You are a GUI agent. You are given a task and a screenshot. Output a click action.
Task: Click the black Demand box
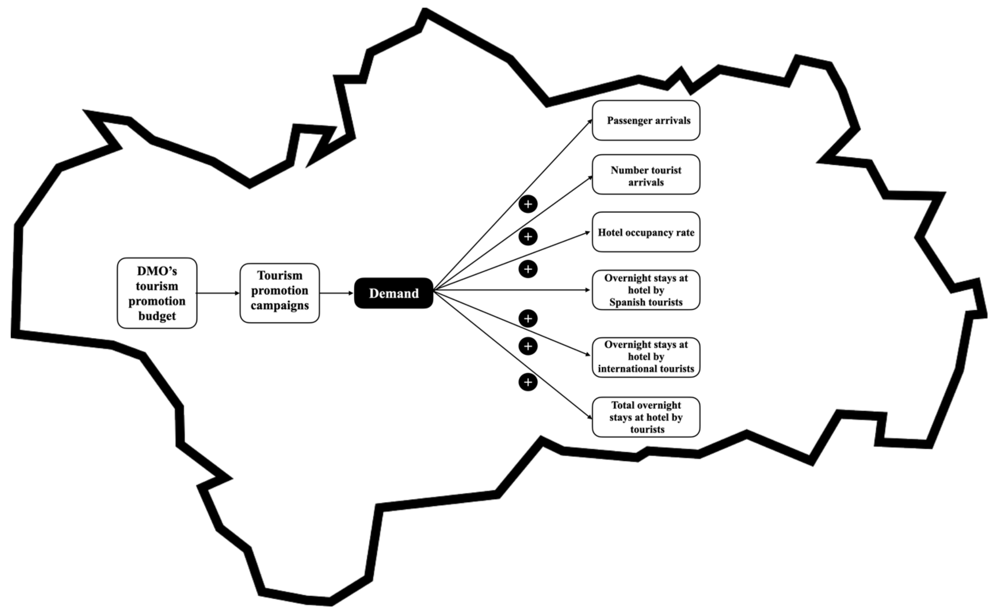[x=394, y=293]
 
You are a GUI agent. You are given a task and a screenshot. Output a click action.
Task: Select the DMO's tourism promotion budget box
[x=157, y=293]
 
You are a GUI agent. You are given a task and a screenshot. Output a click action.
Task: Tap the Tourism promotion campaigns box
[x=280, y=293]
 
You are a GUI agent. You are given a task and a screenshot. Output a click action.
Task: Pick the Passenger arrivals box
[x=646, y=120]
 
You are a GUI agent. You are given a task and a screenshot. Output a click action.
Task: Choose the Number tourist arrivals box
[x=646, y=174]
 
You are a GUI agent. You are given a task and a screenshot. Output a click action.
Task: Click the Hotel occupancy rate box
[x=646, y=232]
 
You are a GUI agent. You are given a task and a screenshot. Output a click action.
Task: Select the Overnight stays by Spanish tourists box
[x=646, y=290]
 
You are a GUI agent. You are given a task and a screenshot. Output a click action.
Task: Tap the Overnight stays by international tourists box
[x=646, y=357]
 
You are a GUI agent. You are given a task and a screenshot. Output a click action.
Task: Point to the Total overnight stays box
[x=646, y=417]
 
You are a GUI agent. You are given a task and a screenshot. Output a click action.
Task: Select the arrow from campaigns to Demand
[x=337, y=293]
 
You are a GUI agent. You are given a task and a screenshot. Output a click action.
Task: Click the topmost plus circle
[x=528, y=204]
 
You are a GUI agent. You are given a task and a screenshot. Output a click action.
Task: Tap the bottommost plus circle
[x=528, y=382]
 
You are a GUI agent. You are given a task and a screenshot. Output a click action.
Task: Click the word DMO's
[x=157, y=271]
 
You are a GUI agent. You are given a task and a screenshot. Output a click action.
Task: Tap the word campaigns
[x=280, y=305]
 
